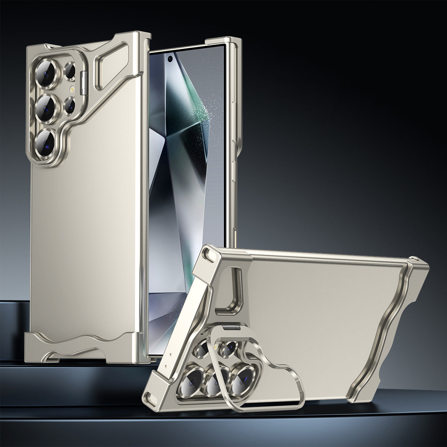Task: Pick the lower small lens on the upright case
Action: (70, 104)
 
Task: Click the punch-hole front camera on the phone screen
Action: (170, 58)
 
